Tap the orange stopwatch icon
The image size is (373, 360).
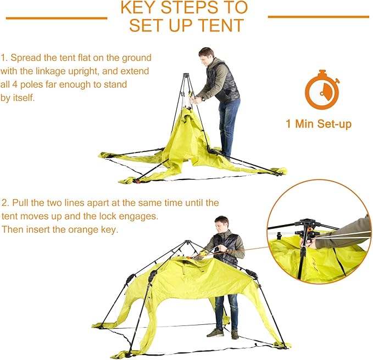click(x=321, y=91)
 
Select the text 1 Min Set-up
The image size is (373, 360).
click(x=318, y=123)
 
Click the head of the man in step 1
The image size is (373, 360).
click(x=205, y=55)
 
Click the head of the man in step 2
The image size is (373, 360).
click(x=220, y=224)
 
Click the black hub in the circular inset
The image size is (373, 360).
click(x=306, y=226)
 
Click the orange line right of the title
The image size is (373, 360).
click(x=318, y=16)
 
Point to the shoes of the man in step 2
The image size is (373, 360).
click(x=222, y=333)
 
